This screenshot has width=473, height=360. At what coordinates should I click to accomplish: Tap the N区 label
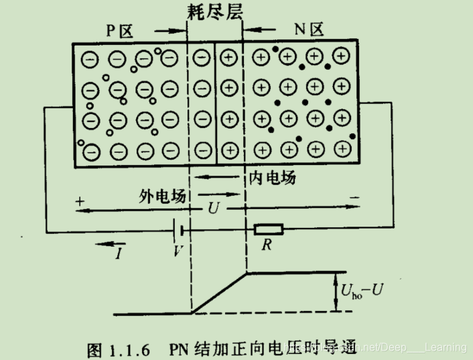click(309, 29)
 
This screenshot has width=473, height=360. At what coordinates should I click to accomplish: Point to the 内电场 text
click(273, 178)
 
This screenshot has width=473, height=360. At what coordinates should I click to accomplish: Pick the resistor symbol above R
click(268, 230)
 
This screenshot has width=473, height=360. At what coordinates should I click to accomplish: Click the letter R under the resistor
click(267, 245)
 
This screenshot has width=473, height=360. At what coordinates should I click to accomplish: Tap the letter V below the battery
click(178, 251)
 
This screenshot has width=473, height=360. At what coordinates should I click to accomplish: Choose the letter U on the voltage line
click(214, 208)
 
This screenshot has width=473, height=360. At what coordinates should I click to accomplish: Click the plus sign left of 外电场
click(80, 200)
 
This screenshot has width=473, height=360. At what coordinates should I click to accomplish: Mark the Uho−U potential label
click(362, 292)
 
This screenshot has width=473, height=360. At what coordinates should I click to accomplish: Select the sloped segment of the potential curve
click(220, 292)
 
